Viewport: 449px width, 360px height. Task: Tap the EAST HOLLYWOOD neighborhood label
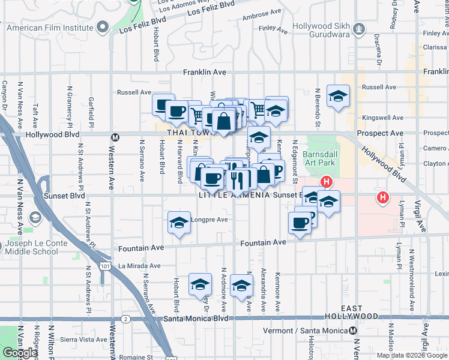click(x=352, y=312)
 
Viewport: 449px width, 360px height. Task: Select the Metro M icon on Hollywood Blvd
click(x=116, y=137)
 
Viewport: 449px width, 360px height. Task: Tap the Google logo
click(x=20, y=353)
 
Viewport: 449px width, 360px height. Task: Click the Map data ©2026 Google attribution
click(x=412, y=355)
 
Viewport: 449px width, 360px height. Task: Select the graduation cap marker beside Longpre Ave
click(x=178, y=223)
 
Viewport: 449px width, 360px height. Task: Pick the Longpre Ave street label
click(x=209, y=220)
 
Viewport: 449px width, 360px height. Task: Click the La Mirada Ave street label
click(x=139, y=266)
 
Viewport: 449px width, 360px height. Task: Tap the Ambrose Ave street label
click(x=262, y=11)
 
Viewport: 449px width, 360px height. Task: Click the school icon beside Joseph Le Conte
click(x=35, y=217)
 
